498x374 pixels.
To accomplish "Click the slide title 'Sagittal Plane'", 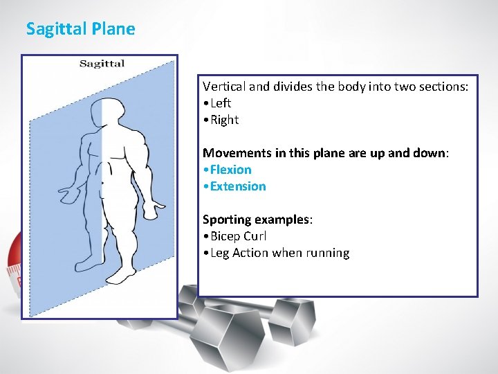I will (80, 29).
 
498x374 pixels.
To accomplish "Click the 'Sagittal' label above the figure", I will (102, 64).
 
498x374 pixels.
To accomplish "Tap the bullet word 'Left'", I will (221, 103).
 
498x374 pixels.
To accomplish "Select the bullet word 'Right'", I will (224, 120).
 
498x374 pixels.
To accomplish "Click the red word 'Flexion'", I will (230, 170).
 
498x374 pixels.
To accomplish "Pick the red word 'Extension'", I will (237, 186).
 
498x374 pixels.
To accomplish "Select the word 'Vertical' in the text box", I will (224, 87).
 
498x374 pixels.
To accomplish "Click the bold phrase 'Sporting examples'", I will (256, 220).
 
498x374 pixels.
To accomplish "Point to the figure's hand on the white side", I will (151, 206).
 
